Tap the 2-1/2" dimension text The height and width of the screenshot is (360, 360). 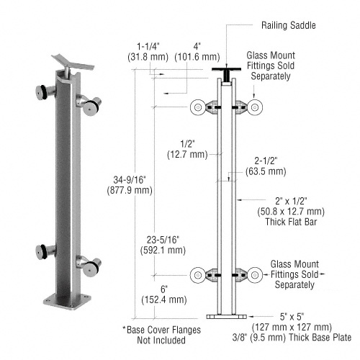(264, 161)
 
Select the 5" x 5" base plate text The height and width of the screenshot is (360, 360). (285, 315)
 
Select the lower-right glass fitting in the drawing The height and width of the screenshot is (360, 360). (253, 275)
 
